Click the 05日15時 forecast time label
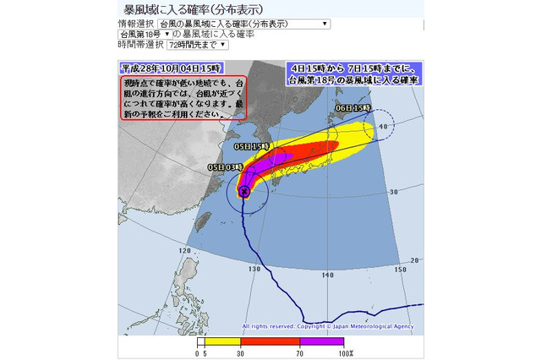(x=251, y=146)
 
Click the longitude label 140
(x=327, y=275)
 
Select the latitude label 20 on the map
(x=413, y=259)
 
